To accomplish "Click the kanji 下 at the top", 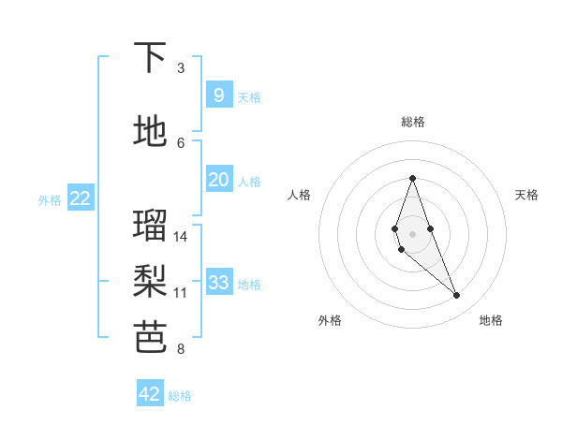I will click(151, 58).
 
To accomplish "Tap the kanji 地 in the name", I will click(151, 132).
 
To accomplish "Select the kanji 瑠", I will click(151, 226).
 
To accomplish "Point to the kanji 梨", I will click(151, 281).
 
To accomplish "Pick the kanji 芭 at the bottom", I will click(151, 338).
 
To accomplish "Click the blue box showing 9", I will click(218, 95).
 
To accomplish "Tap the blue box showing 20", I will click(218, 180).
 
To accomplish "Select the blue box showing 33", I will click(218, 283).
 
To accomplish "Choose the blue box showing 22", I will click(81, 198).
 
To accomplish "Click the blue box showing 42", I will click(150, 394).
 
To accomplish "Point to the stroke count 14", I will click(181, 237).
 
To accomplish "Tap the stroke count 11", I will click(181, 293).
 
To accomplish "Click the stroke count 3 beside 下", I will click(181, 68).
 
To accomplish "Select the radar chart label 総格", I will click(412, 122).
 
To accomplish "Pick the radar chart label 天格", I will click(526, 195).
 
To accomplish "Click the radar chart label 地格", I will click(491, 321).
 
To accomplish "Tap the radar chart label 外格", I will click(330, 321).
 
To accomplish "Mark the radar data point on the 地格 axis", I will click(457, 296).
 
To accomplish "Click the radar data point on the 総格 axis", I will click(412, 178).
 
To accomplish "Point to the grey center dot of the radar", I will click(412, 233).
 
